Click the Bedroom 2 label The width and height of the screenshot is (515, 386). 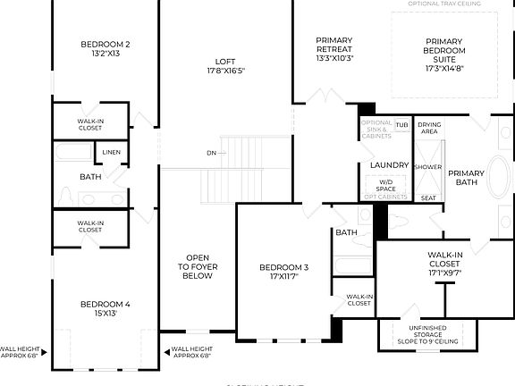[x=106, y=45]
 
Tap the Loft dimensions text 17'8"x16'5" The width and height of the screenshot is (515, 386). [x=226, y=70]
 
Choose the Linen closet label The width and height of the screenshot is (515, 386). [x=111, y=152]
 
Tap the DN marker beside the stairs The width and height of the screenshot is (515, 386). [x=211, y=153]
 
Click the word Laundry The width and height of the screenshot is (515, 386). [x=389, y=165]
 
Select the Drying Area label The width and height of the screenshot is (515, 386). [x=429, y=128]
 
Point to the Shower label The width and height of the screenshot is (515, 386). [x=428, y=167]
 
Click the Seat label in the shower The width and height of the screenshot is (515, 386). [x=428, y=197]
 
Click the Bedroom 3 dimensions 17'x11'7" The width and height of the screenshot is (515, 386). [x=283, y=277]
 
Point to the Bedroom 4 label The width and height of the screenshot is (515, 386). [x=106, y=305]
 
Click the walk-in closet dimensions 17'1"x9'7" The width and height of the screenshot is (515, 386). [x=444, y=273]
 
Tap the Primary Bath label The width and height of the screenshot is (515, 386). [x=466, y=178]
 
